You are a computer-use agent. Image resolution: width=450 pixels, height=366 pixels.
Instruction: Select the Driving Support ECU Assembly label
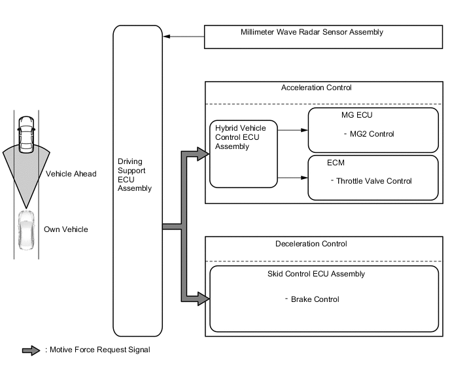point(134,175)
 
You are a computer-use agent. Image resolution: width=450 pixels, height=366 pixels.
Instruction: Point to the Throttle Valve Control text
point(373,181)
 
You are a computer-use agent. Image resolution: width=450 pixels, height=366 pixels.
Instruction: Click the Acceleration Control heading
point(316,88)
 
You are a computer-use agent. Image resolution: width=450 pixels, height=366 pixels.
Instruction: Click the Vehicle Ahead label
point(71,174)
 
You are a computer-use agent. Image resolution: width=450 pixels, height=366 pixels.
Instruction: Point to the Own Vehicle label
point(65,229)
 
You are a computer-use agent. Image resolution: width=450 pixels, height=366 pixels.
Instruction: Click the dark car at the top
point(26,135)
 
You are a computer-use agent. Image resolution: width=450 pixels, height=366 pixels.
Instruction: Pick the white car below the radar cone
point(26,229)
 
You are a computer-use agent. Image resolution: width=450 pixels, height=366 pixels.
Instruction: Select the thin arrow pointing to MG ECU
point(292,130)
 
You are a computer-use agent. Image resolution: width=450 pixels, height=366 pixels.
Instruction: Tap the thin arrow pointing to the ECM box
point(292,178)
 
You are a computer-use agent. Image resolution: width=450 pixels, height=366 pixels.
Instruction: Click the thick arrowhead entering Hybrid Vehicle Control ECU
point(202,154)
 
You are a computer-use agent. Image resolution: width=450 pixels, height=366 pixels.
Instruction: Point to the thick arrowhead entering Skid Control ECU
point(202,299)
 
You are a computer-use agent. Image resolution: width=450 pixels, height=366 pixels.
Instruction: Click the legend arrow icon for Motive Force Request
point(32,350)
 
